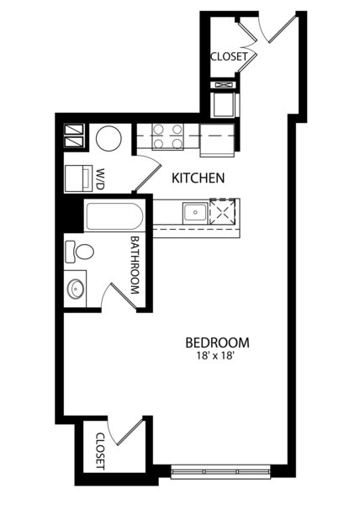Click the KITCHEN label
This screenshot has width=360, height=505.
point(198,178)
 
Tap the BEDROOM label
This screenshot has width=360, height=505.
point(218,343)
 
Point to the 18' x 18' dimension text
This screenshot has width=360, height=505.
point(214,356)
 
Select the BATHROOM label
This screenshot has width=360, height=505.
point(135,265)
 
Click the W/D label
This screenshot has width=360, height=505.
point(100,178)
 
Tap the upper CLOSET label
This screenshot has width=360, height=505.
point(229,56)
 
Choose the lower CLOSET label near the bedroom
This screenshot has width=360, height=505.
point(100,451)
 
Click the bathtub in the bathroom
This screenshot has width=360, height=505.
point(114,216)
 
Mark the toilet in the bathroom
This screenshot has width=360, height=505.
point(79,251)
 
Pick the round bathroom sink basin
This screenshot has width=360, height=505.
point(76,289)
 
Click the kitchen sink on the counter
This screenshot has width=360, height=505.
point(195,213)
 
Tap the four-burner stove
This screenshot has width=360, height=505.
point(167,136)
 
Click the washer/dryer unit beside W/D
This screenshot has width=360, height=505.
point(78,178)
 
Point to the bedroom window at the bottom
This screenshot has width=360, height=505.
point(220,472)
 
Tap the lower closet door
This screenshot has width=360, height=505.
point(130,432)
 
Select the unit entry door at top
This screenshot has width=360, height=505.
point(283,29)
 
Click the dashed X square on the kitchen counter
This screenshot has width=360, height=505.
point(222,211)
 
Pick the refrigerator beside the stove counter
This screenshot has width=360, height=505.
point(217,140)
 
